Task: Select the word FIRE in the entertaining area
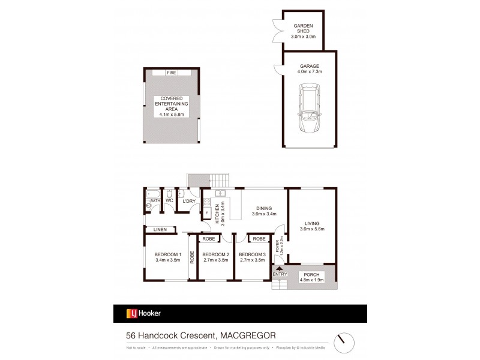pyautogui.click(x=172, y=73)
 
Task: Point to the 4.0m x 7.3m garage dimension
pyautogui.click(x=310, y=72)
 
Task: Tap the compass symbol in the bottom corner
pyautogui.click(x=344, y=341)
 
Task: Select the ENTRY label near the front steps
pyautogui.click(x=280, y=274)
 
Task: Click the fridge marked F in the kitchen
pyautogui.click(x=207, y=212)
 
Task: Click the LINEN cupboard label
pyautogui.click(x=160, y=229)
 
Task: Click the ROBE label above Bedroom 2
pyautogui.click(x=209, y=239)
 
